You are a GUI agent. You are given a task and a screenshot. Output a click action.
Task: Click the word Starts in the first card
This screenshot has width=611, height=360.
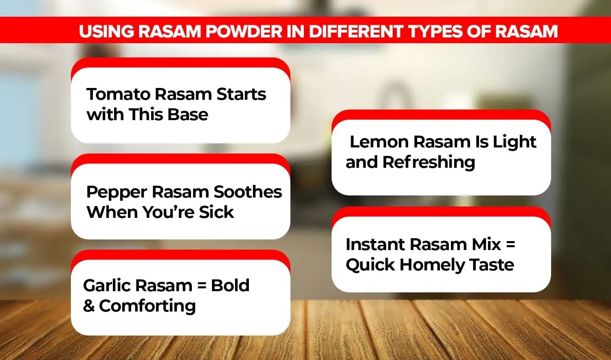pyautogui.click(x=241, y=94)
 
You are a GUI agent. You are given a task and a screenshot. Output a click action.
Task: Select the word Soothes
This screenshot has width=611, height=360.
pyautogui.click(x=248, y=192)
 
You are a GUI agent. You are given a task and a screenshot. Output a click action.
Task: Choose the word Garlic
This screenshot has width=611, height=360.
pyautogui.click(x=107, y=286)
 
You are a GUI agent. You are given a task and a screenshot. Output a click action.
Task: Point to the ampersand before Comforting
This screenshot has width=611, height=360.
pyautogui.click(x=89, y=306)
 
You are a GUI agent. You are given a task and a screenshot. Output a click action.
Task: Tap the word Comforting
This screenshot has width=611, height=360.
pyautogui.click(x=147, y=306)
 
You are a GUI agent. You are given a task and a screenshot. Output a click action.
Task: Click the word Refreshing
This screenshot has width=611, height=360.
pyautogui.click(x=429, y=162)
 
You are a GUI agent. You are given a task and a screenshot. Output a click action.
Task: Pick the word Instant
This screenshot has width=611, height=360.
pyautogui.click(x=375, y=244)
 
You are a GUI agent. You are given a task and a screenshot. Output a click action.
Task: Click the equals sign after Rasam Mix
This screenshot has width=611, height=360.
pyautogui.click(x=510, y=245)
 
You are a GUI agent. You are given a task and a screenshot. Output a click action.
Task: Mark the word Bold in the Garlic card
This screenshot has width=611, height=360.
pyautogui.click(x=230, y=285)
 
